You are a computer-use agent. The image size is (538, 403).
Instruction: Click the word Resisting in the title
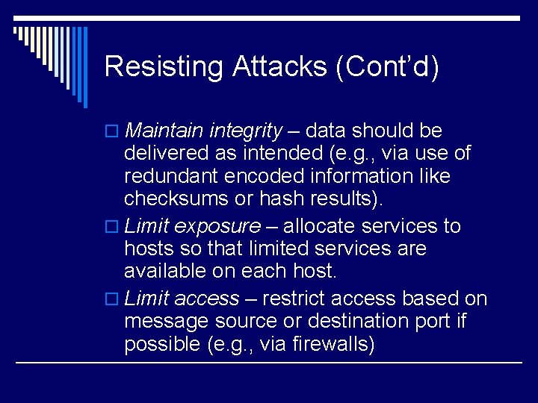coord(163,66)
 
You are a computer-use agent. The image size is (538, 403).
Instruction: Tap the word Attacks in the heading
coord(279,66)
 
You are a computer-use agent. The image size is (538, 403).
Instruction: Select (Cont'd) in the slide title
coord(387,66)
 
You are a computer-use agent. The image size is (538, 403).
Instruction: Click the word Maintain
coord(164,131)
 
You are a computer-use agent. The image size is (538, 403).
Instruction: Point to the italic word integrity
coord(246,131)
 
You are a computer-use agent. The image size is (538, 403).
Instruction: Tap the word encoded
coord(260,176)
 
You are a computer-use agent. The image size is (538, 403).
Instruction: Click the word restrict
coord(296,299)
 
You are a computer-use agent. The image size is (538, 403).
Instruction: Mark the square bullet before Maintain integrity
coord(112,132)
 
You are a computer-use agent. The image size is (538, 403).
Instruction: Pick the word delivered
coord(164,154)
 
